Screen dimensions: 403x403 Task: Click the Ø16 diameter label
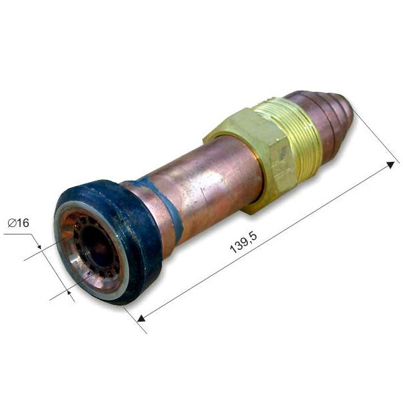19,223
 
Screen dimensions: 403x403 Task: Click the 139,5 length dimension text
243,243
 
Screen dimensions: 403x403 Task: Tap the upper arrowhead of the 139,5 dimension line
391,165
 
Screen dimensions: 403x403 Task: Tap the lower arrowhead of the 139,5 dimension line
141,318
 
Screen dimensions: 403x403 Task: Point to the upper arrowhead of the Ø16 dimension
39,247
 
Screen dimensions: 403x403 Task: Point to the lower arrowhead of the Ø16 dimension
69,292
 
